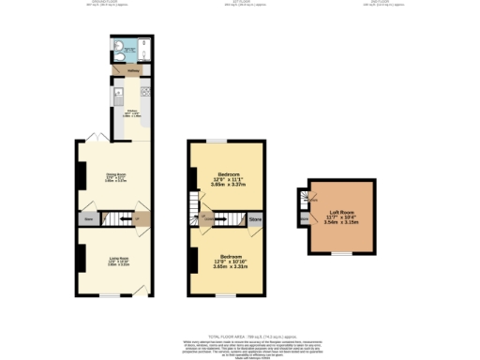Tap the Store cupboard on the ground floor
coord(89,219)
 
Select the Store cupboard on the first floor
coord(255,219)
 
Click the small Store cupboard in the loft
coord(304,219)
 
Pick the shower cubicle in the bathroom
coord(135,52)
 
